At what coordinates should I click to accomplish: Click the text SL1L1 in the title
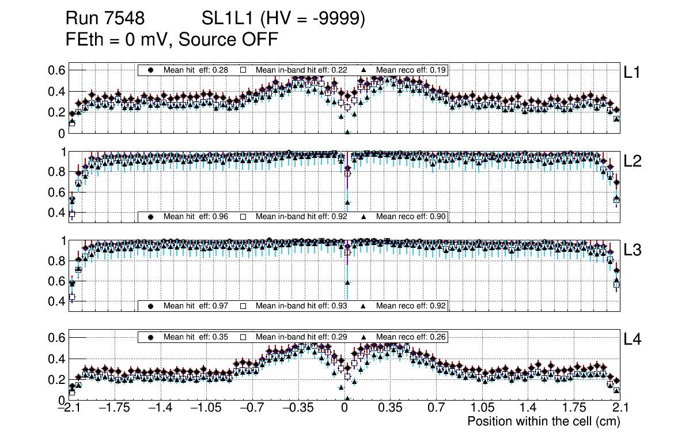[228, 19]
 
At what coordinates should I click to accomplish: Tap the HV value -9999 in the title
[340, 19]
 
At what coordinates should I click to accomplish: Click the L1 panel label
[633, 73]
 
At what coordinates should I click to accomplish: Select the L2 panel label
[633, 161]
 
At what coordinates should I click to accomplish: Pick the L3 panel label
[633, 251]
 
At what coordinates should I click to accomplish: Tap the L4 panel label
[633, 340]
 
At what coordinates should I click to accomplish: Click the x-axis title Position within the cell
[543, 421]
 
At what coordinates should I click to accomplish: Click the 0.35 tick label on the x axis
[390, 408]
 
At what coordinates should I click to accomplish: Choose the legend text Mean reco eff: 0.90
[411, 217]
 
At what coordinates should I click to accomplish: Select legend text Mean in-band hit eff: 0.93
[301, 306]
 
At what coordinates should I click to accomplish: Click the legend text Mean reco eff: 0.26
[411, 337]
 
